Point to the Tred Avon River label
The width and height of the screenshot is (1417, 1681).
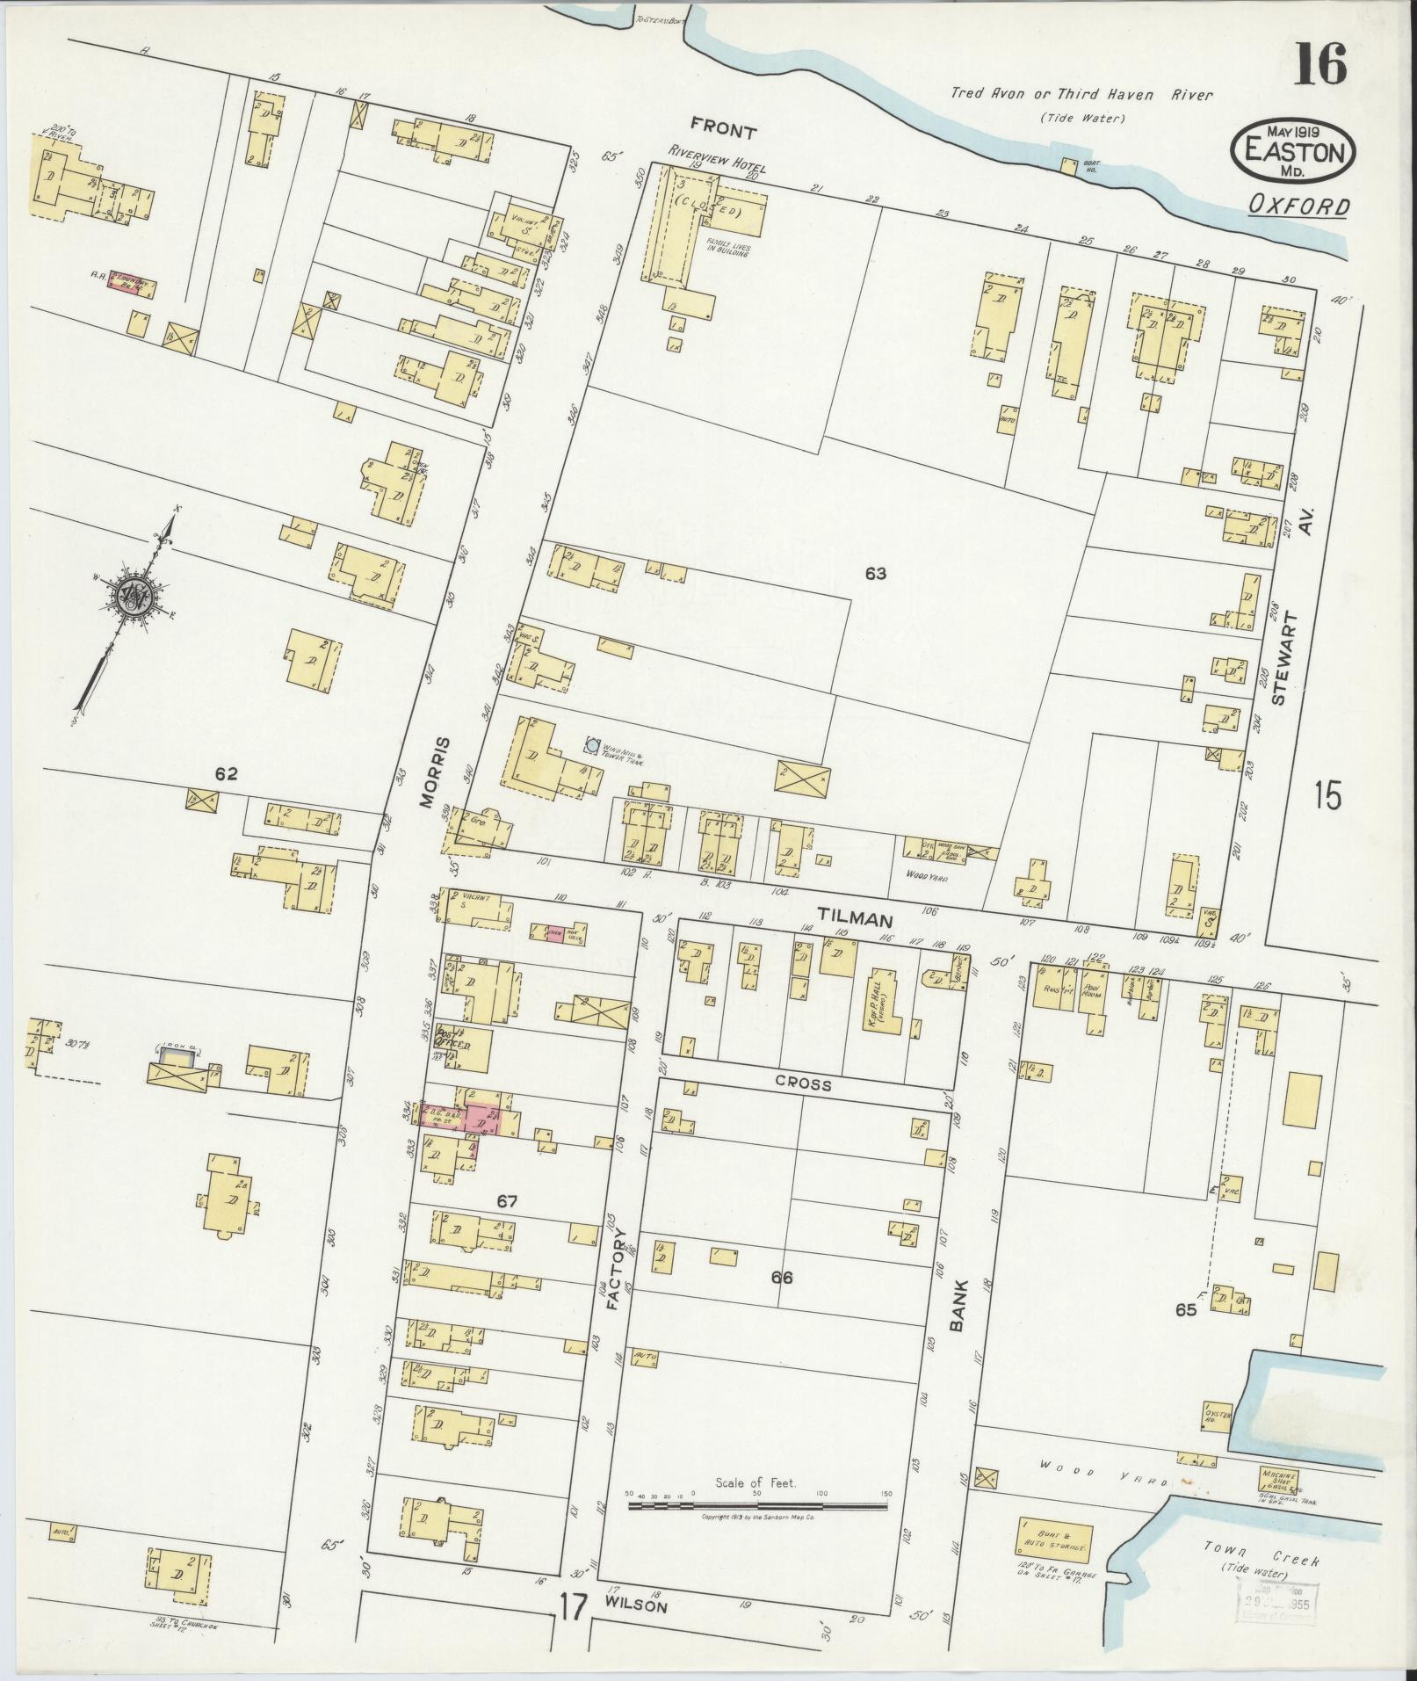click(x=1080, y=95)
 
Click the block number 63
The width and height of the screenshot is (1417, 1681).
click(x=875, y=575)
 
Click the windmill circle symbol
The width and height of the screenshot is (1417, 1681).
click(x=593, y=746)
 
